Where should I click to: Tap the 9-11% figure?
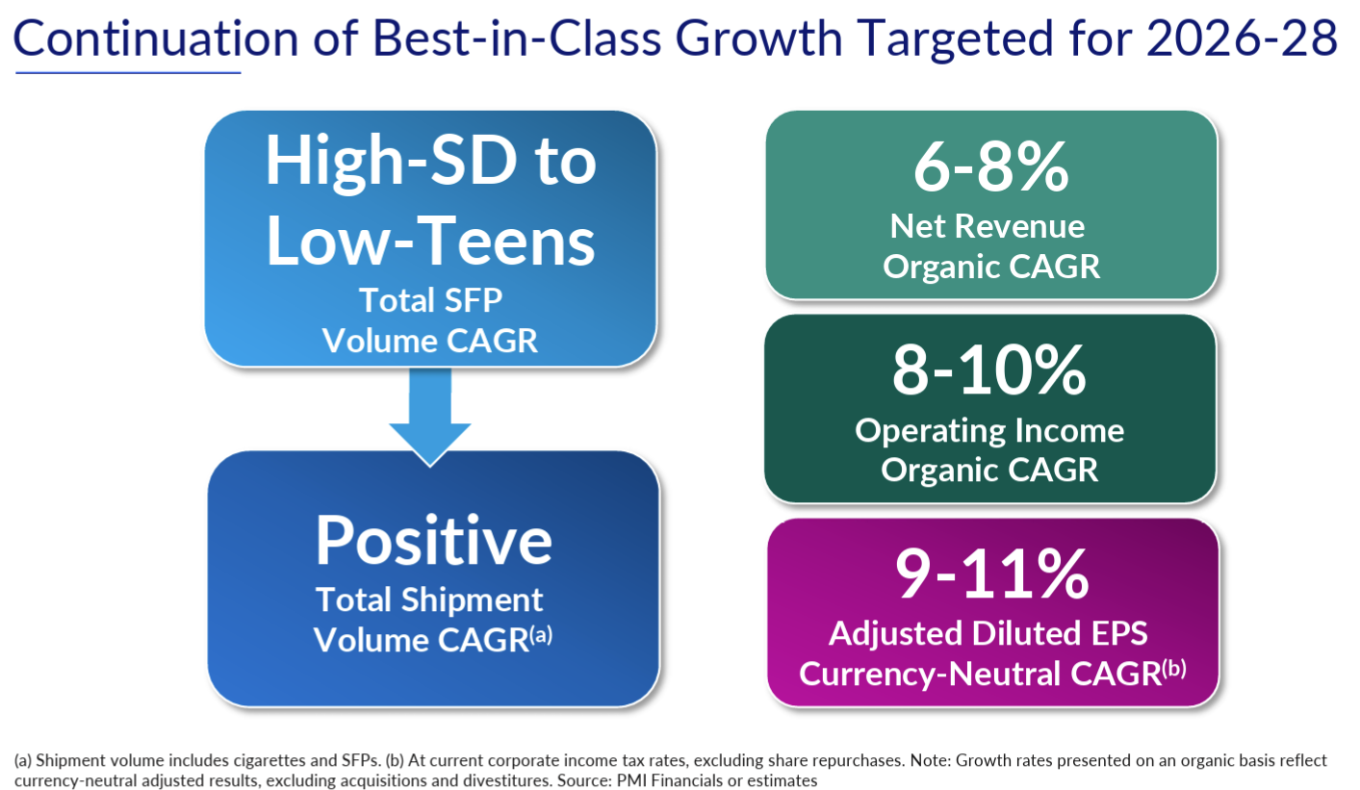991,575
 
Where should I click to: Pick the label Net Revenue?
988,226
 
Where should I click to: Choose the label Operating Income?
989,430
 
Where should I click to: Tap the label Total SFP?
430,300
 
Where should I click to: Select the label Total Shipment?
430,599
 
